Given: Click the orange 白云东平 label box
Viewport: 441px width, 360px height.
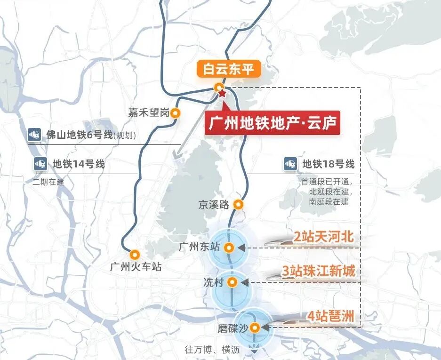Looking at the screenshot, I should pyautogui.click(x=228, y=70).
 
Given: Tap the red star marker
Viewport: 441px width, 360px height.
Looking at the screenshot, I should pyautogui.click(x=222, y=94).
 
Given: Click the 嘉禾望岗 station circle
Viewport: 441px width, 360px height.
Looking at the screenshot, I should pyautogui.click(x=176, y=113).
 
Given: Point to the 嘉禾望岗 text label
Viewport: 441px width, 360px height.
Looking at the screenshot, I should pyautogui.click(x=148, y=113).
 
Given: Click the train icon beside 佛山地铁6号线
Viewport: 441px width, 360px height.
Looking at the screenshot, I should pyautogui.click(x=34, y=135).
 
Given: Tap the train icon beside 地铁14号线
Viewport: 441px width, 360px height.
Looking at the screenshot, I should pyautogui.click(x=40, y=164).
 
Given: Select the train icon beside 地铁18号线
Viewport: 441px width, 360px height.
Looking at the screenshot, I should pyautogui.click(x=290, y=164).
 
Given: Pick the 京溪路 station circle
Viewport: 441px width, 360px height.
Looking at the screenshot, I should pyautogui.click(x=239, y=204).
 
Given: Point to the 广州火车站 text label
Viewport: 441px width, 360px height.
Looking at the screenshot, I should pyautogui.click(x=136, y=267).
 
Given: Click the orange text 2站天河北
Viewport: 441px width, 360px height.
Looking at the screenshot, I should pyautogui.click(x=323, y=237).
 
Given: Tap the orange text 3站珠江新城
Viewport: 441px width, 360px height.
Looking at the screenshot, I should pyautogui.click(x=319, y=272).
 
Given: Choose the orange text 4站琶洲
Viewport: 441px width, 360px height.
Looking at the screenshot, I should pyautogui.click(x=330, y=316).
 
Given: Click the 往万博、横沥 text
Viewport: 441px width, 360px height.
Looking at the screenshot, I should pyautogui.click(x=212, y=350).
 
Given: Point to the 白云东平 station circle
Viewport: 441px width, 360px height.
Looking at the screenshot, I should pyautogui.click(x=218, y=87).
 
